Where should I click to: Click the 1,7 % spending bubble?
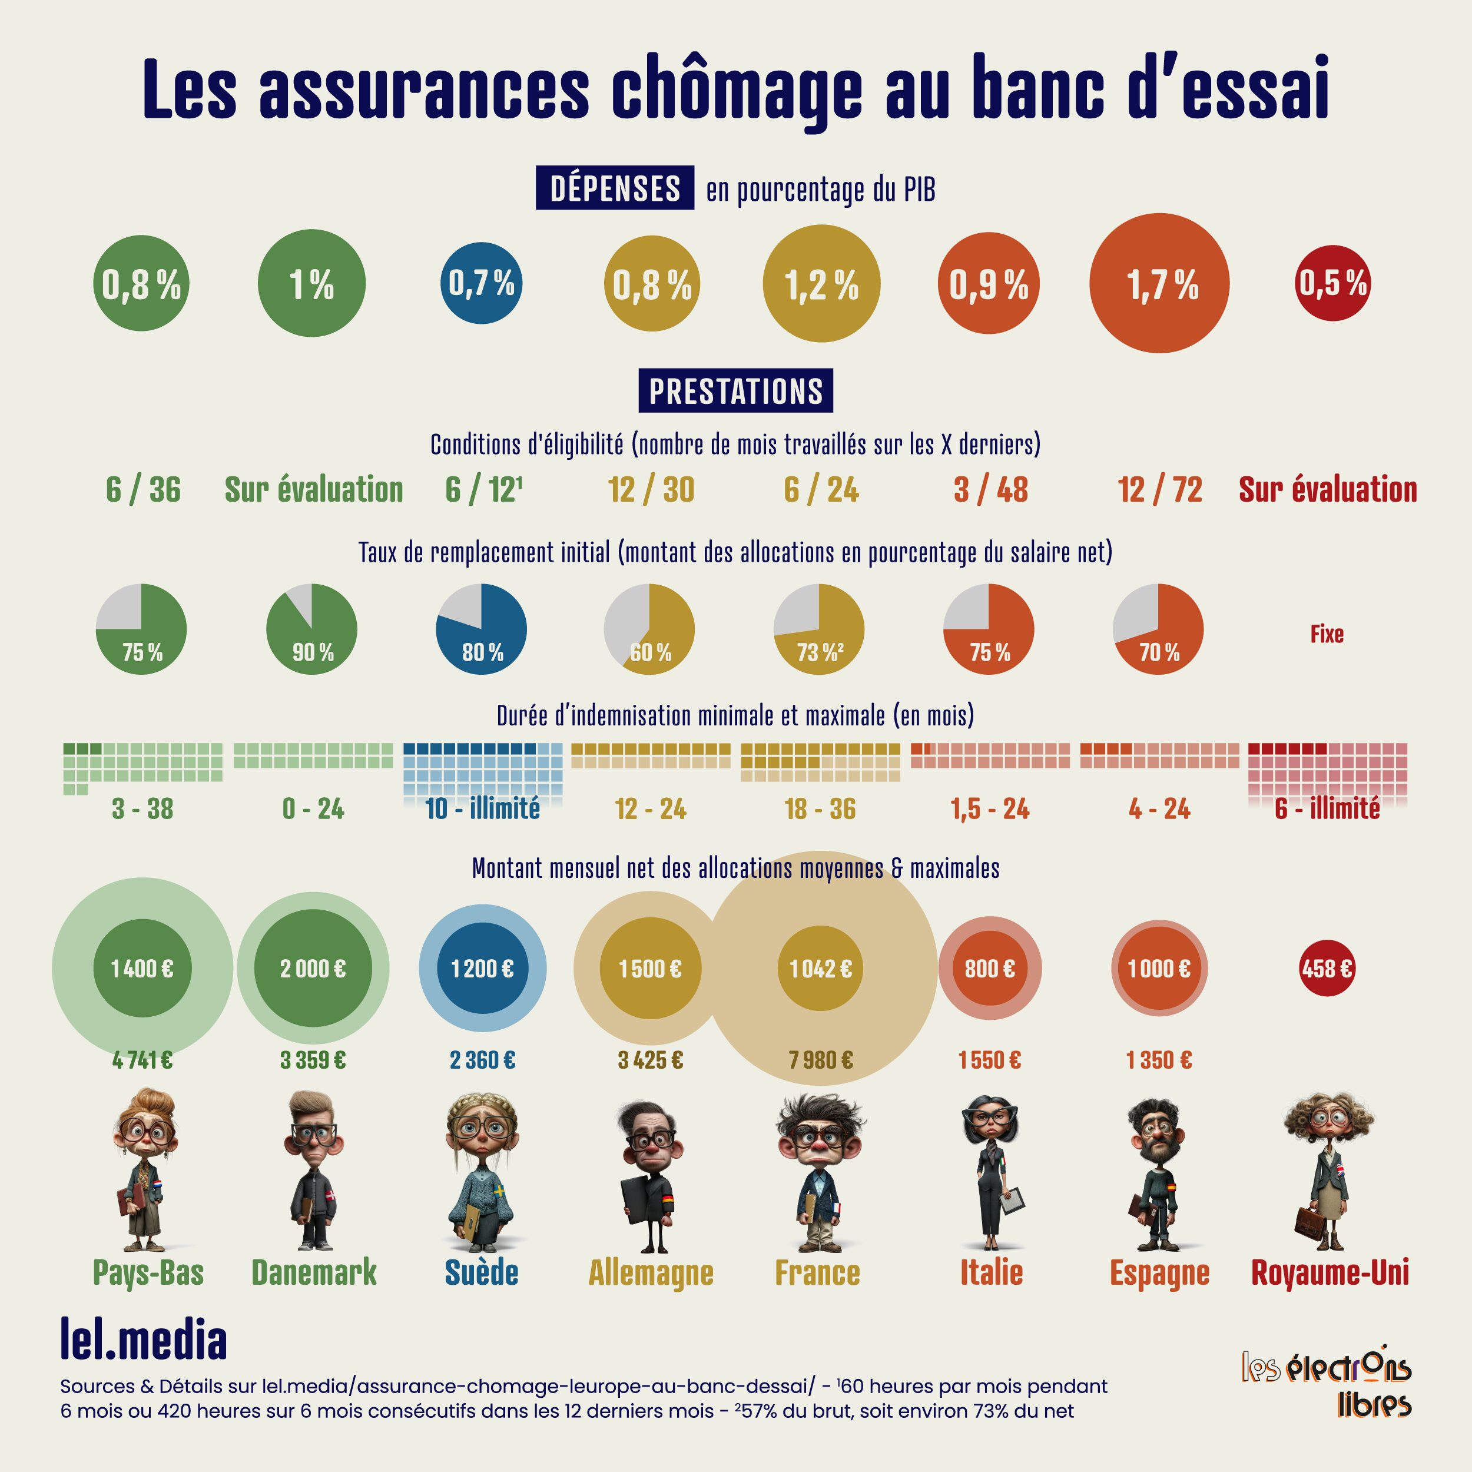coord(1159,283)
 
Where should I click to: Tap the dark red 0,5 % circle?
coord(1332,283)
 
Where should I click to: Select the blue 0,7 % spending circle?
coord(481,283)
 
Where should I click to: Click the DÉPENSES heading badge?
coord(614,188)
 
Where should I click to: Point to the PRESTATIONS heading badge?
coord(735,391)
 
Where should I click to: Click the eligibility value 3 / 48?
coord(990,490)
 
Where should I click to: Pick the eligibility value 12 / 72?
coord(1159,490)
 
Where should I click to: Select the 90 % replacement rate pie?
coord(311,629)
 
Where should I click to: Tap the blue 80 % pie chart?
coord(481,629)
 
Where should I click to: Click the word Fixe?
coord(1327,634)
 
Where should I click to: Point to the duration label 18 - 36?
coord(820,808)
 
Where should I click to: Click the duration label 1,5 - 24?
coord(990,808)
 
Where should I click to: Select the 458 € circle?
coord(1327,969)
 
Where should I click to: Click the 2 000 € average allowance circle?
coord(313,969)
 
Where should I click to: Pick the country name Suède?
coord(482,1272)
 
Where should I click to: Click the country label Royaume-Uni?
coord(1330,1272)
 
